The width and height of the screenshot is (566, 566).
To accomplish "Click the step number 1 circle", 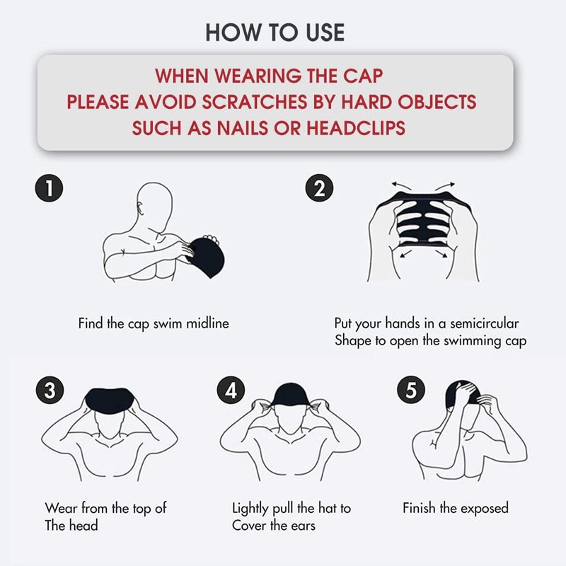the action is coord(49,188).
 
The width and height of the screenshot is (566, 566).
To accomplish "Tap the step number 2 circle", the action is coord(319,188).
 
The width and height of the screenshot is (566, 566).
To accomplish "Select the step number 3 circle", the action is coord(50,391).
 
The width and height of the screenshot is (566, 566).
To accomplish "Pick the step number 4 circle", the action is coord(231,390).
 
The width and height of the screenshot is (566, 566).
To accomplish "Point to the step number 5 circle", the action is coord(411,390).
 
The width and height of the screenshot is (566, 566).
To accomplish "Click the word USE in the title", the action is coord(325,33).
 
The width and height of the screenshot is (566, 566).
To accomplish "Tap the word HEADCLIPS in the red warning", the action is coord(356,128).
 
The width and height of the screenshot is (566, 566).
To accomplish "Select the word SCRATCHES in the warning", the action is coord(255,102).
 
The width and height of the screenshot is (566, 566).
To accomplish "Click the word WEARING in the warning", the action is coord(258,76).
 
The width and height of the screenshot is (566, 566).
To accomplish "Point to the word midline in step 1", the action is coord(207,323).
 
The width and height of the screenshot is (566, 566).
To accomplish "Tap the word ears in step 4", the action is coord(304,526).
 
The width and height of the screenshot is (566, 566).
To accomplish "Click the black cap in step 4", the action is coord(291,395).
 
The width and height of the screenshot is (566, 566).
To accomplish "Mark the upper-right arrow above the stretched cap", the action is coord(445,186).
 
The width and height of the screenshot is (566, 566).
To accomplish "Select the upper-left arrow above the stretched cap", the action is coord(402,186).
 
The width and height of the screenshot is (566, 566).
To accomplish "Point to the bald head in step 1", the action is coord(154,206).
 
